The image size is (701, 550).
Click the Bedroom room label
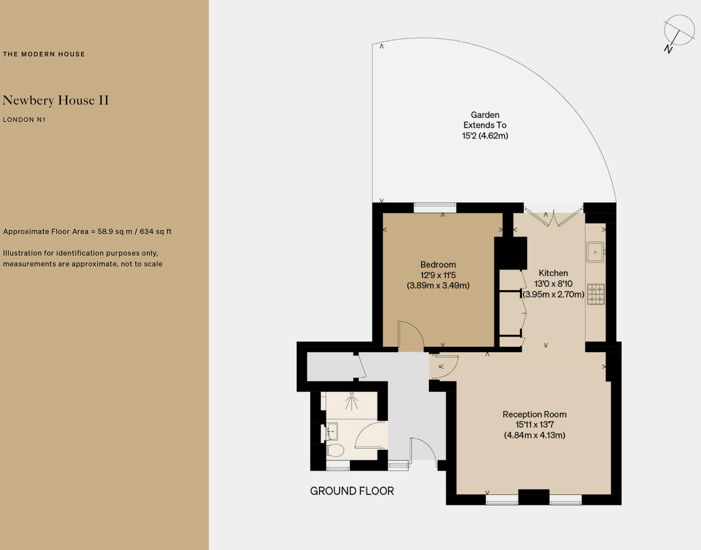pos(438,265)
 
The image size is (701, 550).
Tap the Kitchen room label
pos(553,273)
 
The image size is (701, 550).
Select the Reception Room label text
pos(534,414)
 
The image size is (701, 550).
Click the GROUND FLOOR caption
pos(352,491)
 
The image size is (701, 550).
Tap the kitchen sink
pos(595,252)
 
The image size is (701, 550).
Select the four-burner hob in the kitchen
pos(595,294)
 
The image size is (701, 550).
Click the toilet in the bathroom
pos(335,450)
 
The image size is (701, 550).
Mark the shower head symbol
pos(352,401)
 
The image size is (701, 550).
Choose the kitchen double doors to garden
pos(553,216)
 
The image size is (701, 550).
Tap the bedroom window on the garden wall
pos(435,207)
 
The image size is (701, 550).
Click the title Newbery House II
pos(56,101)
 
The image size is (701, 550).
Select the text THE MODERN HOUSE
pos(44,54)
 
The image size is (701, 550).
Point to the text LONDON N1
pos(24,120)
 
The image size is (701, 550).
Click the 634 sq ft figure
pos(155,231)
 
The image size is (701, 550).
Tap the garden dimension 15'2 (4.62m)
pos(485,136)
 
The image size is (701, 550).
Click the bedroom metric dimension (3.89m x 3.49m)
pos(438,286)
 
